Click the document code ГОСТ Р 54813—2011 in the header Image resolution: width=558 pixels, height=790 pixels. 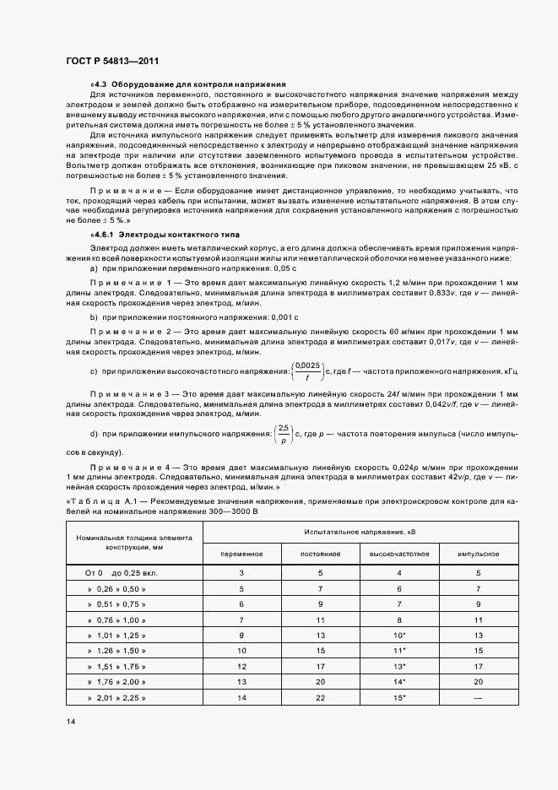tap(111, 60)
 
